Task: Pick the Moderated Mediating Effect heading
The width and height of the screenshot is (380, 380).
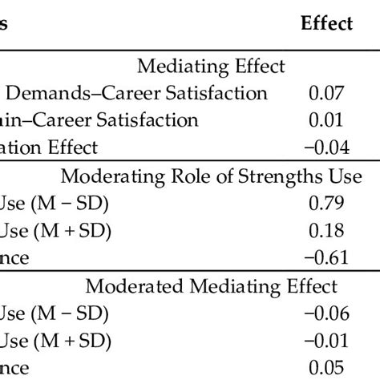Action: coord(223,286)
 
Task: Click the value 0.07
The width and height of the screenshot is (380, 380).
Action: coord(326,93)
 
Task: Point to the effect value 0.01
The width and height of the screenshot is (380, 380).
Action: coord(326,120)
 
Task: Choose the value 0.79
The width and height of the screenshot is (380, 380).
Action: coord(326,204)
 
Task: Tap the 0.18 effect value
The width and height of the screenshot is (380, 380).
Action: coord(326,231)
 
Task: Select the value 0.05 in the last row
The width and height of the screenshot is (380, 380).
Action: coord(326,369)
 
